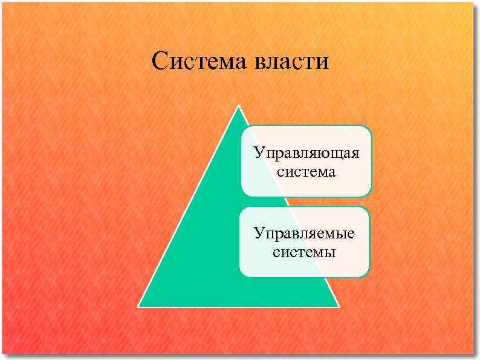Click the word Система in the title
point(199,61)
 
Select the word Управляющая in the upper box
point(306,152)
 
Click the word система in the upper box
point(306,172)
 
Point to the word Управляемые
point(304,233)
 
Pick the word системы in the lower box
point(304,252)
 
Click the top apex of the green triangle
point(239,106)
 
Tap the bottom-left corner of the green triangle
point(139,306)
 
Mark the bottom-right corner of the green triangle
point(339,306)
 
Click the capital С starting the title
point(160,61)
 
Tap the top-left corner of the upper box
point(243,128)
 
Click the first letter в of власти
point(261,62)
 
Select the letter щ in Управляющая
point(332,153)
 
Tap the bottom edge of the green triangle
point(239,306)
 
